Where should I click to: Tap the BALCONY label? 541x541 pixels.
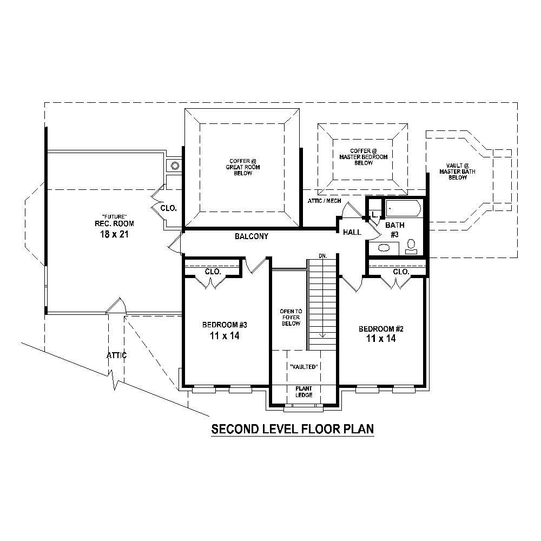pos(252,236)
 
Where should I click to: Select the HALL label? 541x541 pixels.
pos(352,232)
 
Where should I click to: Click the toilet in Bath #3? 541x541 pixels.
pos(411,247)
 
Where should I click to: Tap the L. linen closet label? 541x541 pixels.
pos(374,215)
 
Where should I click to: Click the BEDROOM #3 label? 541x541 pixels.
pos(225,325)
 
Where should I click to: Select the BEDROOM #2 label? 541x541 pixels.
pos(382,329)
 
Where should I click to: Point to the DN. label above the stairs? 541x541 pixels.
pos(322,255)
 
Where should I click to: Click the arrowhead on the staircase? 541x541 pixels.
pos(322,335)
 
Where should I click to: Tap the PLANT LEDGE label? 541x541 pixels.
pos(304,392)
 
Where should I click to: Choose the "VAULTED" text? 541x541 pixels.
pos(303,367)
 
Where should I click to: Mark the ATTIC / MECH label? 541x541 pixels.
pos(324,201)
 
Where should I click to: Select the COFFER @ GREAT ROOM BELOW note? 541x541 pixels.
pos(243,167)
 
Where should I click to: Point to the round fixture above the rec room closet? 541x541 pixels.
pos(175,166)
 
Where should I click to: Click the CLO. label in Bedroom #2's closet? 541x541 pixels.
pos(401,272)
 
